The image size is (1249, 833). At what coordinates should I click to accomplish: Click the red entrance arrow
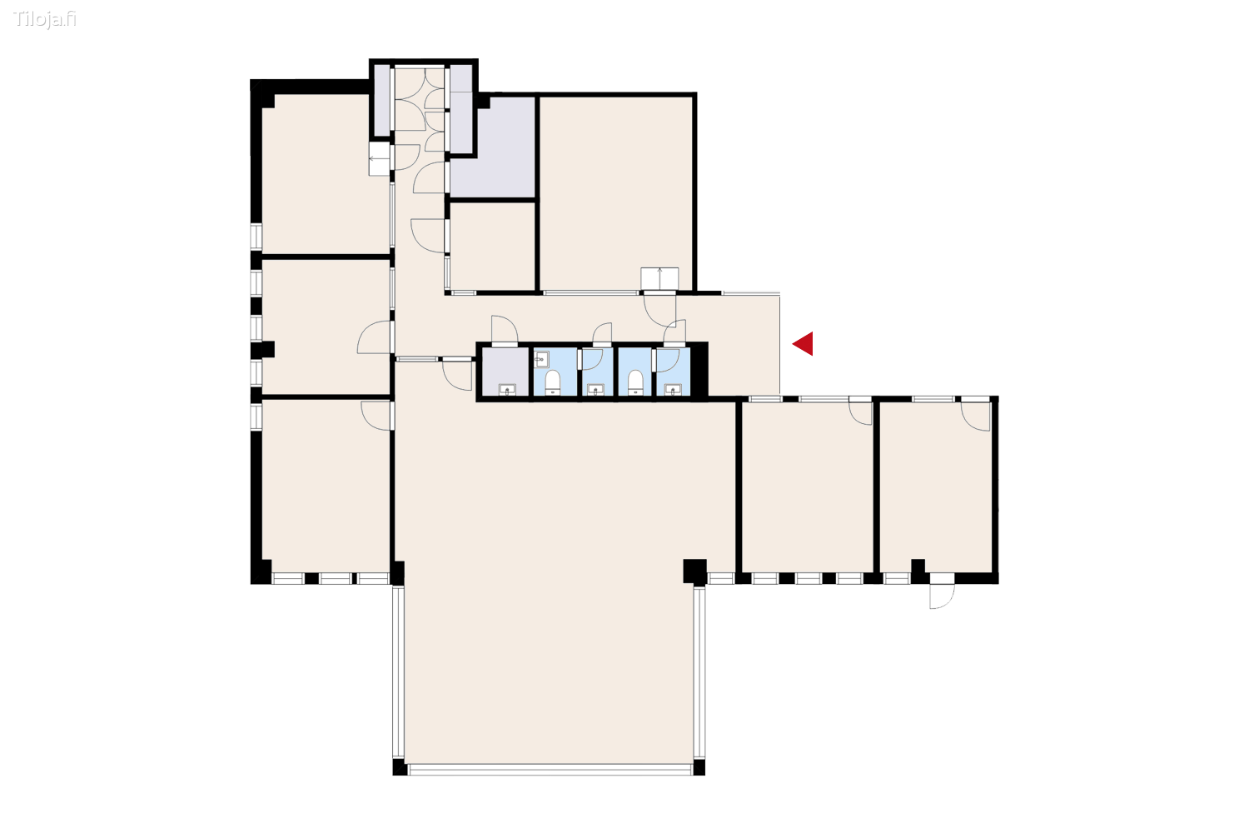(804, 343)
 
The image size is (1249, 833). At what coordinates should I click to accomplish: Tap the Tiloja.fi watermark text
(45, 19)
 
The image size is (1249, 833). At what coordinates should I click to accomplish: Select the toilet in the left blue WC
(552, 382)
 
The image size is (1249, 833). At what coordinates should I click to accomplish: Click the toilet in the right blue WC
(635, 382)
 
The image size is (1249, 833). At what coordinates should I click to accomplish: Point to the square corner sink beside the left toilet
(541, 360)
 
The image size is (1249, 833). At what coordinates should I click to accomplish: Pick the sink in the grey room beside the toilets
(506, 389)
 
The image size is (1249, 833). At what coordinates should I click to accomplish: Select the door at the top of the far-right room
(976, 414)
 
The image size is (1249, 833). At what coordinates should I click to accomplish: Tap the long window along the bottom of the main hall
(550, 770)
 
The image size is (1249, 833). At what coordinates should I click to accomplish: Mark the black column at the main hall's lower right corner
(694, 571)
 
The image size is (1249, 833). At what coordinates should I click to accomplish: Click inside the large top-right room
(616, 192)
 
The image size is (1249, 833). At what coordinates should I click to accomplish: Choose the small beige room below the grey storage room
(492, 246)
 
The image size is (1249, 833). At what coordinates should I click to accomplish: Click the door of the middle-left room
(375, 337)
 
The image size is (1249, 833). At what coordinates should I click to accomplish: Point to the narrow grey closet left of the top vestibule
(381, 100)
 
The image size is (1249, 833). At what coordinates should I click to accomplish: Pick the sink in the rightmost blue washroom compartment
(673, 388)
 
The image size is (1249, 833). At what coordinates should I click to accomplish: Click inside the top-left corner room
(325, 175)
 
